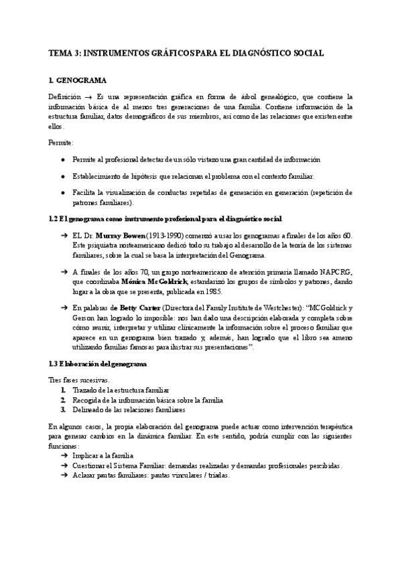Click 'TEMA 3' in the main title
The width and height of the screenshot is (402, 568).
(65, 52)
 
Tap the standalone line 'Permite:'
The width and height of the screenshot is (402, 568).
(62, 143)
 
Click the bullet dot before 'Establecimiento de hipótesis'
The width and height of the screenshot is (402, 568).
(62, 176)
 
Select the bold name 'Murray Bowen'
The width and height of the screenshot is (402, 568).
(118, 236)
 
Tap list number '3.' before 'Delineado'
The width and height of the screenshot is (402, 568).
(63, 409)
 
